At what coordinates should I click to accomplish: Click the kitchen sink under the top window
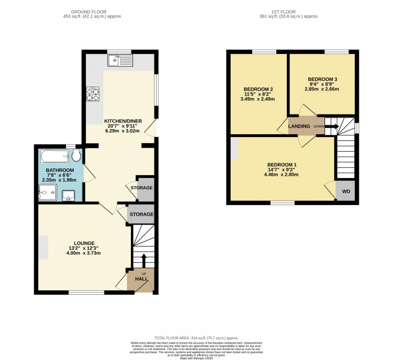(x=121, y=60)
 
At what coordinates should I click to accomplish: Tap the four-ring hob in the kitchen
(x=92, y=94)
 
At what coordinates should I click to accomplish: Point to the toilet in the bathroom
(x=76, y=156)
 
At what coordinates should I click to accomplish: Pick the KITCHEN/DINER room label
(x=119, y=121)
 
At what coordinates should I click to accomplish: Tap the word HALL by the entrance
(x=141, y=279)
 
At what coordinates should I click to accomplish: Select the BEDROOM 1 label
(x=282, y=165)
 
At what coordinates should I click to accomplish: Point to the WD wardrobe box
(x=346, y=192)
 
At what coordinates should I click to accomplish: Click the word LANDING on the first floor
(x=299, y=126)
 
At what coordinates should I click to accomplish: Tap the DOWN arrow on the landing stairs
(x=332, y=126)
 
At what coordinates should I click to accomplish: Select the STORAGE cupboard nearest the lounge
(x=141, y=215)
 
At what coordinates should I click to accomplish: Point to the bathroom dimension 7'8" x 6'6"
(x=60, y=175)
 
